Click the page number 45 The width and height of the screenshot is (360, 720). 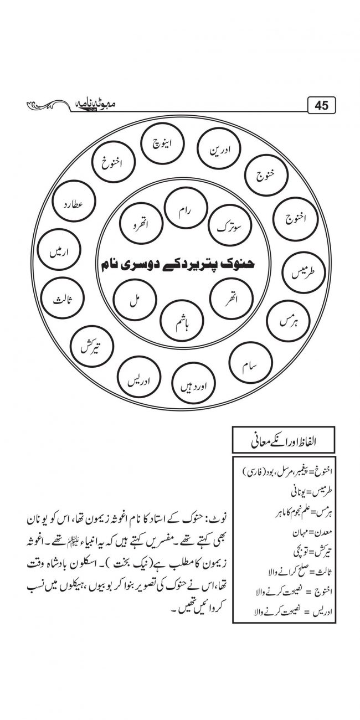tap(321, 105)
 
